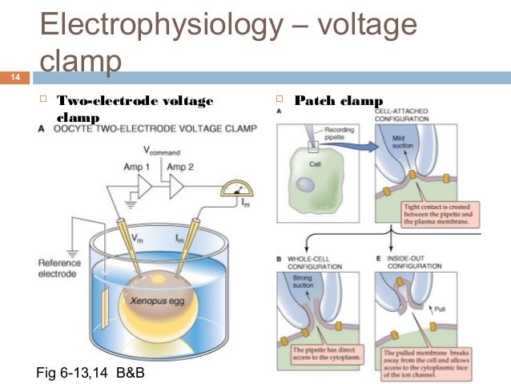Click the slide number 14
click(x=14, y=78)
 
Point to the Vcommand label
click(x=162, y=150)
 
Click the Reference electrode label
click(x=59, y=269)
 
